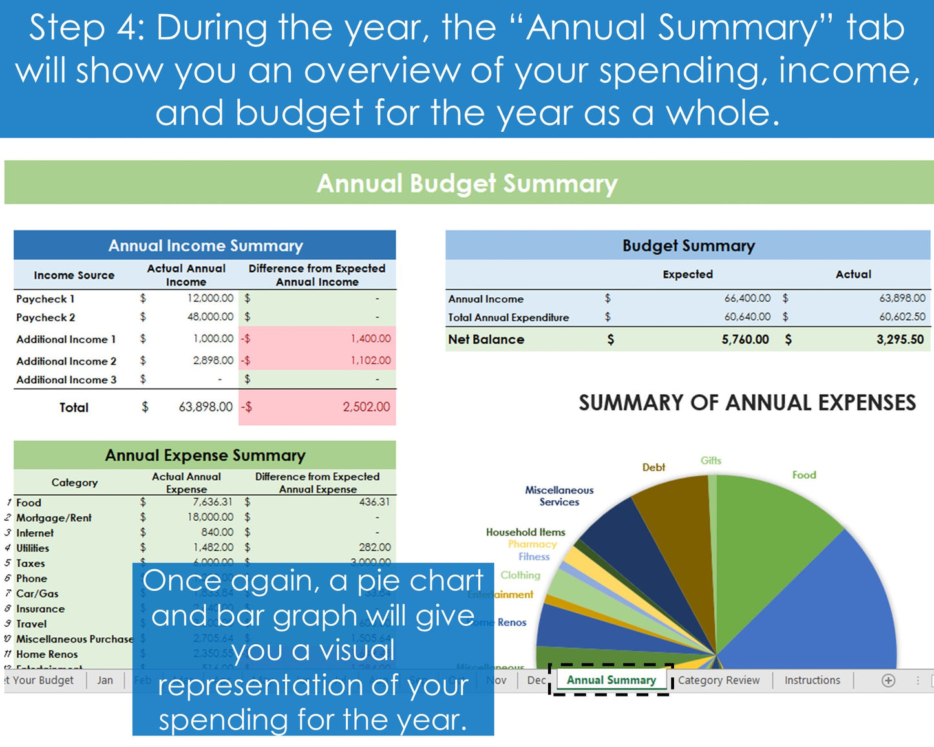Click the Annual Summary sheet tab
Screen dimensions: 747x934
click(x=611, y=680)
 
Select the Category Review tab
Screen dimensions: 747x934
click(x=719, y=680)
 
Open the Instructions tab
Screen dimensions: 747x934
click(x=812, y=680)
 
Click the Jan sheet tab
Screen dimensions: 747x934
click(x=105, y=680)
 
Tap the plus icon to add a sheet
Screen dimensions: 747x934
click(x=888, y=680)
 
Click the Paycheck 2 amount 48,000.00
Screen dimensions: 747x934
click(x=210, y=317)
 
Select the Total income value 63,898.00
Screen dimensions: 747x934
click(x=206, y=406)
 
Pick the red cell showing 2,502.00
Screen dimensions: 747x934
click(x=366, y=406)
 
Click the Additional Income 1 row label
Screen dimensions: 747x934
click(x=66, y=339)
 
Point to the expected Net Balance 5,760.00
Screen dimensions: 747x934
click(x=745, y=339)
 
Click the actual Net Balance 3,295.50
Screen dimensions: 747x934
click(x=900, y=339)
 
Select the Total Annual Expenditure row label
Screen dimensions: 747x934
click(x=509, y=317)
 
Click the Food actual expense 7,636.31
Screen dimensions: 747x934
click(x=212, y=502)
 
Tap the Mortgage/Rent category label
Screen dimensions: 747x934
click(x=54, y=518)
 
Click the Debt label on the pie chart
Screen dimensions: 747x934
click(x=653, y=467)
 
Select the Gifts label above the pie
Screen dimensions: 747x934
click(x=710, y=460)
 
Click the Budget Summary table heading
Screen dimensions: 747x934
click(x=688, y=246)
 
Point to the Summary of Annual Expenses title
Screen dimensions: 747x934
click(x=747, y=403)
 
